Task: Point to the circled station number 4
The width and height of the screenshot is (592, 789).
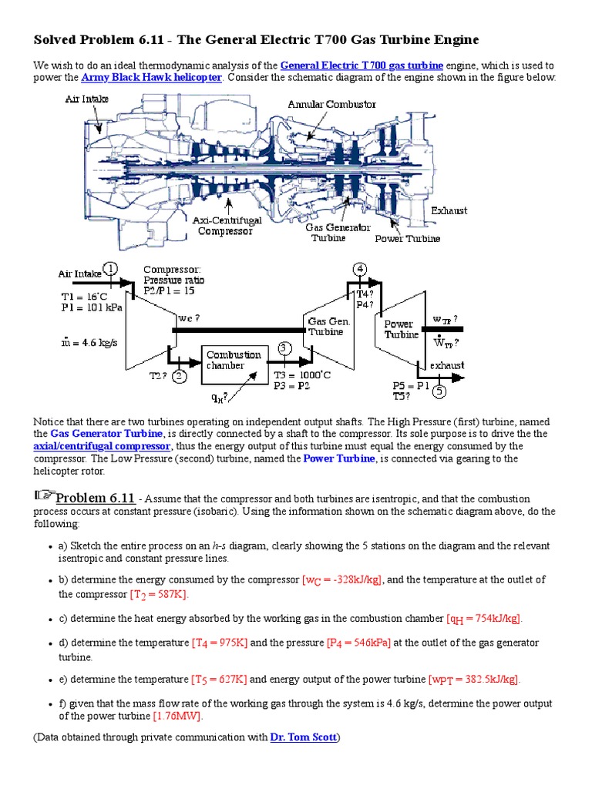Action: [359, 268]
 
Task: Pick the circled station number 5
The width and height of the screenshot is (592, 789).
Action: [439, 391]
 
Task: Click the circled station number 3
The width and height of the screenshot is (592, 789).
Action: [285, 348]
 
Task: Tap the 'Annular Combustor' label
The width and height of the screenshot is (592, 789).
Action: [331, 104]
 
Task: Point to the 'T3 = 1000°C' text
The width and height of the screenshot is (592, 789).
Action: [302, 375]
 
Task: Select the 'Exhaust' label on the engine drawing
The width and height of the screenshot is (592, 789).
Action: [449, 210]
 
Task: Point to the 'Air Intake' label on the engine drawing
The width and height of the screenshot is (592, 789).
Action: [86, 99]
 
